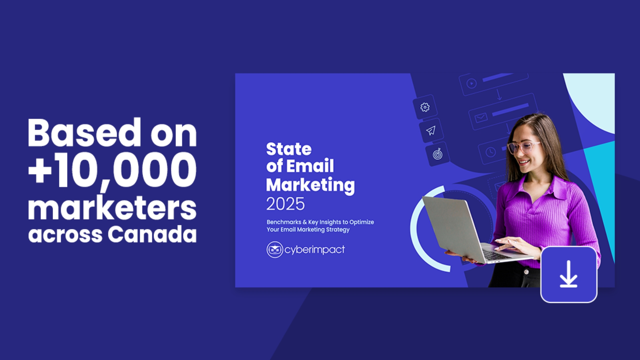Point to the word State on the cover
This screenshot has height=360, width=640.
[x=289, y=149]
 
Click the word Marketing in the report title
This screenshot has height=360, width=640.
[x=310, y=185]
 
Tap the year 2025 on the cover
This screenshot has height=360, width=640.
[x=285, y=204]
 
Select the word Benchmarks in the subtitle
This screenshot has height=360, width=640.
[x=284, y=222]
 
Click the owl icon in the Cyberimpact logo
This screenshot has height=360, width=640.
[x=275, y=250]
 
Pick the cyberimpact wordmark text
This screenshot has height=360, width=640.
[x=314, y=250]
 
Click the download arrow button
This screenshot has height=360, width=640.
[x=568, y=274]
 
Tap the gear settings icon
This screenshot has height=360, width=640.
[x=425, y=107]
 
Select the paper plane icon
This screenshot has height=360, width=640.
[x=431, y=130]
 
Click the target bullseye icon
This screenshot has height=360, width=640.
[x=437, y=154]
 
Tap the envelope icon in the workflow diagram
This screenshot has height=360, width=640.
[x=481, y=118]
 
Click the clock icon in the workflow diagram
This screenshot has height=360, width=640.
[x=490, y=152]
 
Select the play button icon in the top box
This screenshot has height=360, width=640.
[x=471, y=83]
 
